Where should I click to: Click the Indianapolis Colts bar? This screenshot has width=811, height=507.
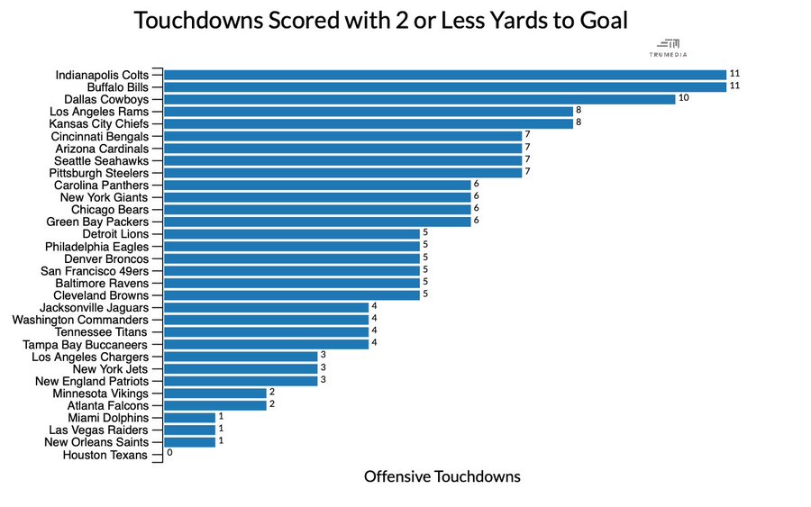(444, 75)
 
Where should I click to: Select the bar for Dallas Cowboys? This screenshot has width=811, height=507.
(419, 99)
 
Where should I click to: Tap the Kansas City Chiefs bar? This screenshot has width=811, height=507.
(368, 123)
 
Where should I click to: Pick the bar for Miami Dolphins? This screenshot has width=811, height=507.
(189, 418)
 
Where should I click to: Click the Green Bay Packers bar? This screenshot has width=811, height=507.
(317, 222)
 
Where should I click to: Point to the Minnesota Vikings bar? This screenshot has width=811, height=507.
(214, 394)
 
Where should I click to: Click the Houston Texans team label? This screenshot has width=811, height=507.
(105, 456)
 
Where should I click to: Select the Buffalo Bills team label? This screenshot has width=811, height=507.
(112, 87)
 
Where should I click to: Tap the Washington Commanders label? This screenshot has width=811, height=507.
(80, 321)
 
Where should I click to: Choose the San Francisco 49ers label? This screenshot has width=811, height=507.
(95, 271)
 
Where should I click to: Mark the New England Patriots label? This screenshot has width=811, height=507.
(91, 382)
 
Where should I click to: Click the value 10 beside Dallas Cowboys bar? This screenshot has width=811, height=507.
(683, 98)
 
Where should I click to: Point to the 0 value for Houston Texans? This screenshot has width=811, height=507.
(169, 454)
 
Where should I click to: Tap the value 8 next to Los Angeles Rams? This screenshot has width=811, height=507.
(579, 111)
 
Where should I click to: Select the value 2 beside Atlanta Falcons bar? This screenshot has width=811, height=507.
(272, 405)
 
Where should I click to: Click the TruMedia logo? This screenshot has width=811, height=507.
(669, 48)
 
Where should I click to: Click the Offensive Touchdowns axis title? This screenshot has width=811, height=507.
(442, 476)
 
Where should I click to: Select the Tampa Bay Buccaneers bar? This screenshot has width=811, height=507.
(266, 344)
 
